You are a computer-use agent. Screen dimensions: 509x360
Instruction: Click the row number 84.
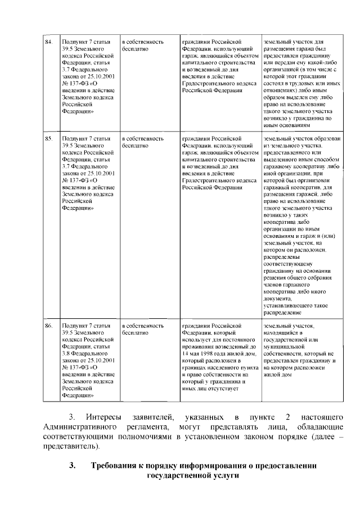49,42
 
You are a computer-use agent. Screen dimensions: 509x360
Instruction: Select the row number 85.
49,137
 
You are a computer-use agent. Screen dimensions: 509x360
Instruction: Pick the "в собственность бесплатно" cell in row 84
142,46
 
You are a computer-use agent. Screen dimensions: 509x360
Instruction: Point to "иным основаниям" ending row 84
286,125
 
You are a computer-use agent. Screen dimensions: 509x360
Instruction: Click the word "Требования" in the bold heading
118,466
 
